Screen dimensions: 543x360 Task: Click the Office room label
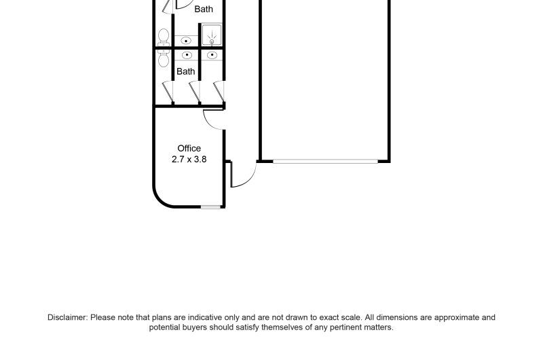tap(189, 148)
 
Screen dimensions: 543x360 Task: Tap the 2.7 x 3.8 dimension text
tap(189, 160)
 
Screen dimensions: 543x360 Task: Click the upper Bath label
tap(204, 9)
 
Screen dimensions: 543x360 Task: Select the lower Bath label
tap(185, 71)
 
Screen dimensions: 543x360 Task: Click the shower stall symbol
tap(212, 35)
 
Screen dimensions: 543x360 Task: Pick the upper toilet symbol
tap(164, 37)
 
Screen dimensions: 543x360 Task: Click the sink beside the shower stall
tap(186, 41)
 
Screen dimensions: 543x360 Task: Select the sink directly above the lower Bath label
tap(187, 55)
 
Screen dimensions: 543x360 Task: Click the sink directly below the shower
tap(212, 55)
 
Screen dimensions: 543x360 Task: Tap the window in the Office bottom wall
tap(211, 207)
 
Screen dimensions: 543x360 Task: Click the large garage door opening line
tap(326, 161)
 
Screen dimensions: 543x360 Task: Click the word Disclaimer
tap(67, 317)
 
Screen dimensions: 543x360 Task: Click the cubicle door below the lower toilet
tap(168, 91)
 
